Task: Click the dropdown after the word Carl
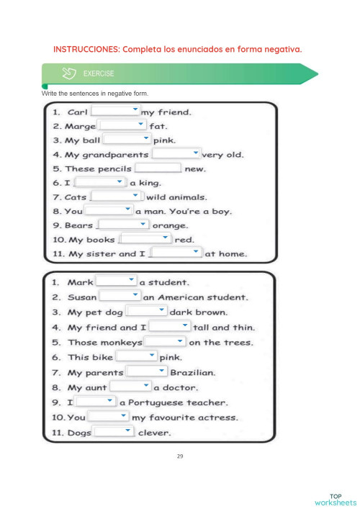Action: click(115, 111)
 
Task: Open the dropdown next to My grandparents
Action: click(176, 153)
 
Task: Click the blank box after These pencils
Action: click(158, 168)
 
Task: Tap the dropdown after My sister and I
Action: click(176, 253)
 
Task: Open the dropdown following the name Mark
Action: click(116, 281)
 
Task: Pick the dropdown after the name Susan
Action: click(120, 296)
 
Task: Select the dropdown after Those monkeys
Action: click(165, 341)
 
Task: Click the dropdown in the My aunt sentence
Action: click(130, 387)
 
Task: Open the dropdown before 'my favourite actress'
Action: click(109, 417)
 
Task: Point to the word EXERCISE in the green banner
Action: click(99, 73)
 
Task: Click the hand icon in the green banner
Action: click(71, 73)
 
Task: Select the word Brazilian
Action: click(192, 372)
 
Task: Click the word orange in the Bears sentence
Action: click(171, 225)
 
